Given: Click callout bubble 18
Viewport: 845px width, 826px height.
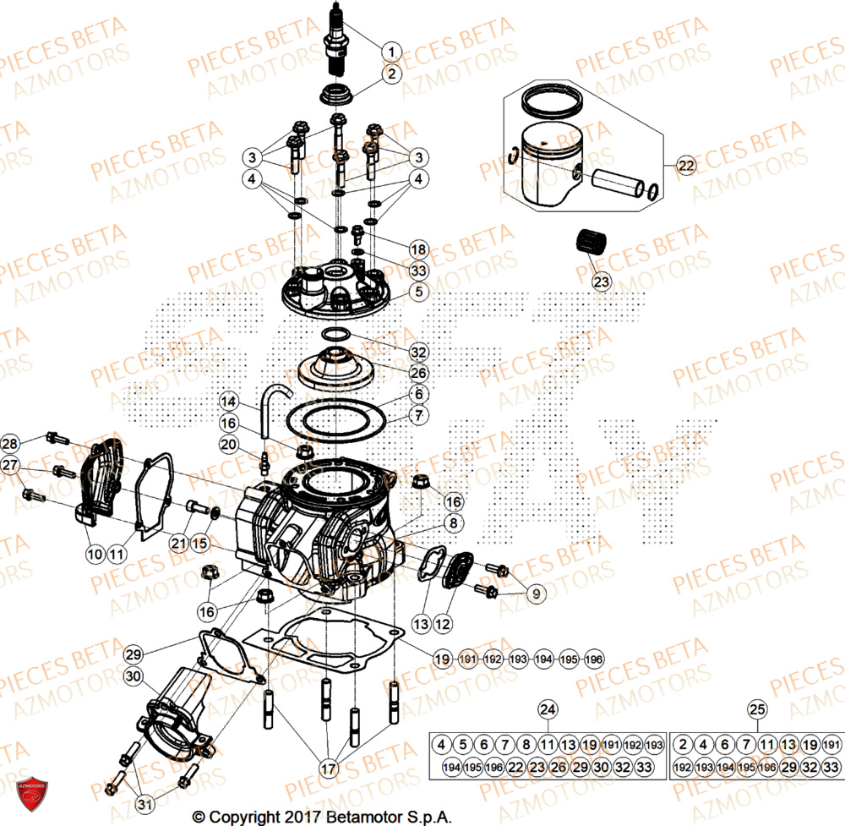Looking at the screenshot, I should point(418,249).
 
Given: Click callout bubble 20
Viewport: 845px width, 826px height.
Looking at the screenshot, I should point(229,444).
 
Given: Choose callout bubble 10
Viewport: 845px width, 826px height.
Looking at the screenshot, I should point(94,554).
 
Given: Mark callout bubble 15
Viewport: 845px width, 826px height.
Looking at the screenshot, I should point(200,542).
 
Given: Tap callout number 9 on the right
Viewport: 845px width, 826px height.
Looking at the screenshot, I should point(535,594).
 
